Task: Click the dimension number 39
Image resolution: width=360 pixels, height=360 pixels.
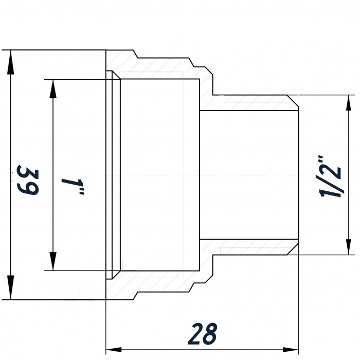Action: click(x=28, y=180)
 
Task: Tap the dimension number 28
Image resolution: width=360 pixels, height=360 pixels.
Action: click(x=203, y=334)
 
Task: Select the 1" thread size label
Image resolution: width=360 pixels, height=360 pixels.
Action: click(x=73, y=186)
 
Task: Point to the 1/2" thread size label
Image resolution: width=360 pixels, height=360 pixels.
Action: click(x=330, y=176)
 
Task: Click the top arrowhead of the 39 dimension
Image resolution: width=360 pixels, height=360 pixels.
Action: click(x=11, y=62)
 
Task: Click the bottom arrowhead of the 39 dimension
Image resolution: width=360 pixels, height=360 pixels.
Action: click(x=11, y=287)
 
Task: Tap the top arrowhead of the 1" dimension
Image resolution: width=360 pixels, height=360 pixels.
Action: click(x=53, y=89)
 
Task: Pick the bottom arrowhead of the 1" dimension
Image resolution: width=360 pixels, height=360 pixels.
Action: click(x=53, y=261)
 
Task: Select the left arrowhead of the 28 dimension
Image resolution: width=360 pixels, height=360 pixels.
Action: click(x=114, y=350)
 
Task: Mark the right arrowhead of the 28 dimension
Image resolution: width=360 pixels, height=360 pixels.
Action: click(x=291, y=350)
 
